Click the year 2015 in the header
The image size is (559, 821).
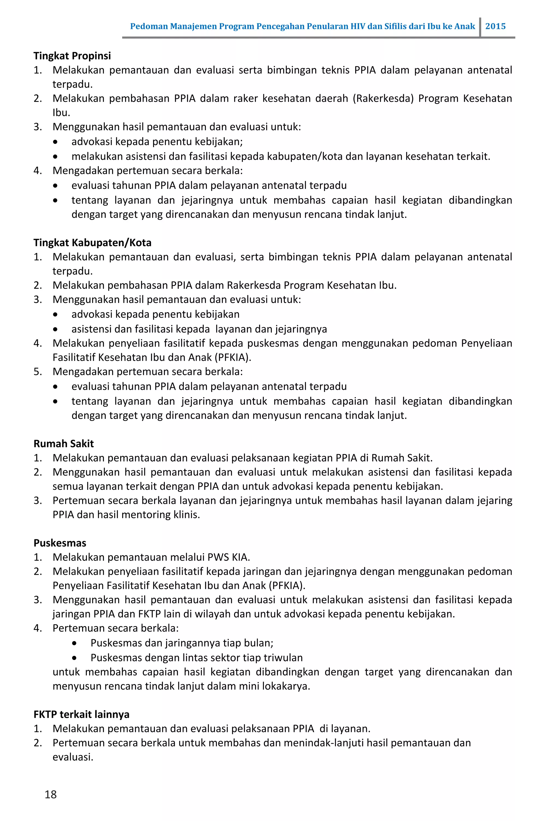coord(495,26)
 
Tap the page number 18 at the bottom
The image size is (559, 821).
coord(50,794)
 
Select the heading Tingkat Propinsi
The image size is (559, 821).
coord(72,56)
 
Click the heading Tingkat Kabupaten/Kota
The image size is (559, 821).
coord(92,243)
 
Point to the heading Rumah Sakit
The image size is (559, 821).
coord(64,444)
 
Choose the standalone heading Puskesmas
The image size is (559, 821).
coord(60,543)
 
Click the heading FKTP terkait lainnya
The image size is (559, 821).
coord(81,714)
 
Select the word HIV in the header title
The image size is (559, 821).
coord(358,26)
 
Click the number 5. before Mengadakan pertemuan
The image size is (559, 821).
coord(37,372)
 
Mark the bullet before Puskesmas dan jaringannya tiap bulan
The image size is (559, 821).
coord(74,643)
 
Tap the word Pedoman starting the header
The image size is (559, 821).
coord(149,26)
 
